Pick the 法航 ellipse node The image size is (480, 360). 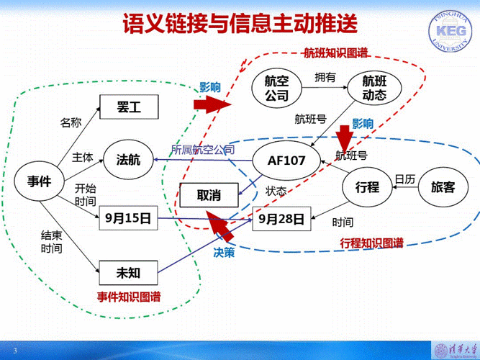(x=129, y=161)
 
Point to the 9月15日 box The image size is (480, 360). (x=127, y=217)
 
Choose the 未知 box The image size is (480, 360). (x=127, y=272)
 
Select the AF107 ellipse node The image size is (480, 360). (x=286, y=161)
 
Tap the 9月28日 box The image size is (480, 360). (x=281, y=217)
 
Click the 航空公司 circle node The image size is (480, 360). (x=276, y=88)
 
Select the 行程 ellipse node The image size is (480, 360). (x=367, y=187)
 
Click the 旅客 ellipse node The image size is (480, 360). (x=443, y=187)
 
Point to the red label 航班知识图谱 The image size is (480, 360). (x=334, y=53)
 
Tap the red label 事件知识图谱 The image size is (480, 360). (x=130, y=296)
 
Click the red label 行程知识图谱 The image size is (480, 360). (x=371, y=243)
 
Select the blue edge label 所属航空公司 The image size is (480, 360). (x=202, y=150)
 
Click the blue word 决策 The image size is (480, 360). (x=224, y=252)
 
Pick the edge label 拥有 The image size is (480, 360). (x=325, y=77)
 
